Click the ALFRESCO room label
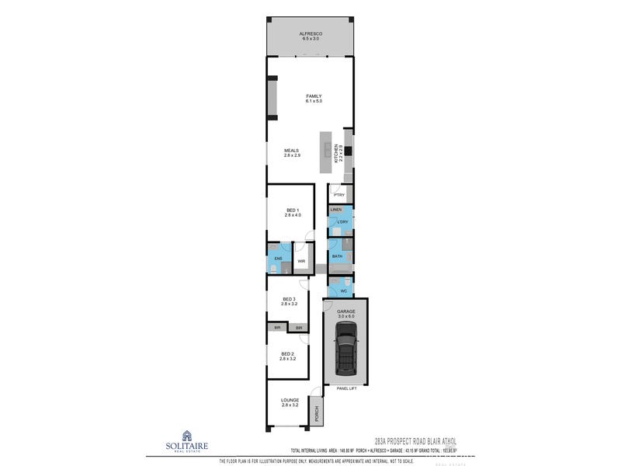(311, 34)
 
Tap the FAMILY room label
(313, 96)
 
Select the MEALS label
(292, 151)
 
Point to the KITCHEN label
(335, 153)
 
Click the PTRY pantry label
(339, 195)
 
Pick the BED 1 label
(292, 210)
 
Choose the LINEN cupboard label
(336, 210)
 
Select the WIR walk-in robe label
(300, 263)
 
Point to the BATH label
(337, 256)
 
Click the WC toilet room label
(343, 291)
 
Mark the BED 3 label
(289, 299)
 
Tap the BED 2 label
(288, 354)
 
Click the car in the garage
(345, 349)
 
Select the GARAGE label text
(345, 311)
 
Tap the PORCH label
(316, 414)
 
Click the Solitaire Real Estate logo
(186, 440)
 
